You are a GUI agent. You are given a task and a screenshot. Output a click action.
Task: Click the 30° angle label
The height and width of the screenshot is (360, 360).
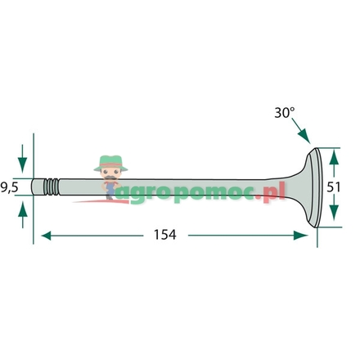click(285, 113)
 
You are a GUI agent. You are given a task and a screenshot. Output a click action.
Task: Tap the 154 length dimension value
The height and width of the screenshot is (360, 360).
click(165, 235)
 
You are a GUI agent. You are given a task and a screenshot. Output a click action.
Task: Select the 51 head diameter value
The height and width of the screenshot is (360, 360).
click(334, 187)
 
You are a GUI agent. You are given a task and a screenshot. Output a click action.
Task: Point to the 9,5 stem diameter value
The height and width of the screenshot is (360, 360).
click(9, 187)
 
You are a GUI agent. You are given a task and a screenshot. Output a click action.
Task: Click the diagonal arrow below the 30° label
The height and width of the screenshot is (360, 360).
click(300, 131)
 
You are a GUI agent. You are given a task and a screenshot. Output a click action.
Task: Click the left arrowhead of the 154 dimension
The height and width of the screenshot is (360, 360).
click(46, 236)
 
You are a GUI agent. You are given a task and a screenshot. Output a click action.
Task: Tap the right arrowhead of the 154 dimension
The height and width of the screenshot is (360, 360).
click(300, 236)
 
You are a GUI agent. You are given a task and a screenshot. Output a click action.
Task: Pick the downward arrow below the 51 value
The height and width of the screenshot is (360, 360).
click(334, 211)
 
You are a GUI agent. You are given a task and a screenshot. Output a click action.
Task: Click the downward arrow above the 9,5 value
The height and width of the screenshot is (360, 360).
click(22, 159)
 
